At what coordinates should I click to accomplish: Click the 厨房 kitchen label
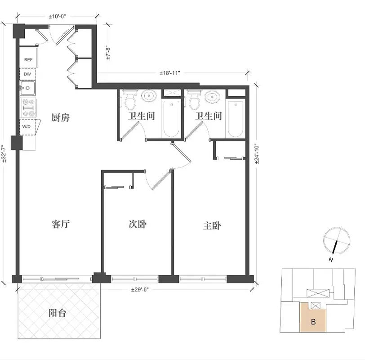click(60, 118)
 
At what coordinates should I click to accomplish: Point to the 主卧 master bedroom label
click(213, 225)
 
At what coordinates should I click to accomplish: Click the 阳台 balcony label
click(57, 313)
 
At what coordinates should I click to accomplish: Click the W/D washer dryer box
click(27, 127)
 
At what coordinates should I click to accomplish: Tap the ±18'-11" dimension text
click(169, 73)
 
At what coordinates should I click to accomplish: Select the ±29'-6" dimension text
click(140, 289)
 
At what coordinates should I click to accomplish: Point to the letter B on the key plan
click(313, 322)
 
